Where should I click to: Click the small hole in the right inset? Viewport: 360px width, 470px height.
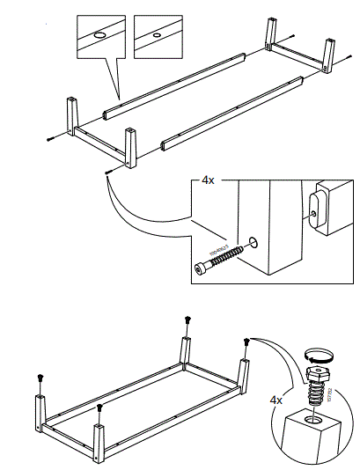(x=156, y=36)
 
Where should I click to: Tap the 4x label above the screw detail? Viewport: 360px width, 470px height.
(x=208, y=180)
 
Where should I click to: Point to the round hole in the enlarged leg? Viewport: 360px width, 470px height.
(x=254, y=240)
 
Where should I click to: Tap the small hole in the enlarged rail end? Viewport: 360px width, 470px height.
(x=312, y=211)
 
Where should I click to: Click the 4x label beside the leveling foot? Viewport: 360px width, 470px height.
(x=277, y=400)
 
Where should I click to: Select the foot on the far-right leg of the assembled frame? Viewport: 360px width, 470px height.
(x=247, y=342)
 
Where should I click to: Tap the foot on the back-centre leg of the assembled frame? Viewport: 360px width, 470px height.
(x=187, y=320)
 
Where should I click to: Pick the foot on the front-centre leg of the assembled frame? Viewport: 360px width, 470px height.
(x=100, y=408)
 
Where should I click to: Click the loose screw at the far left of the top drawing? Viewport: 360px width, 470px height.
(x=51, y=138)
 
